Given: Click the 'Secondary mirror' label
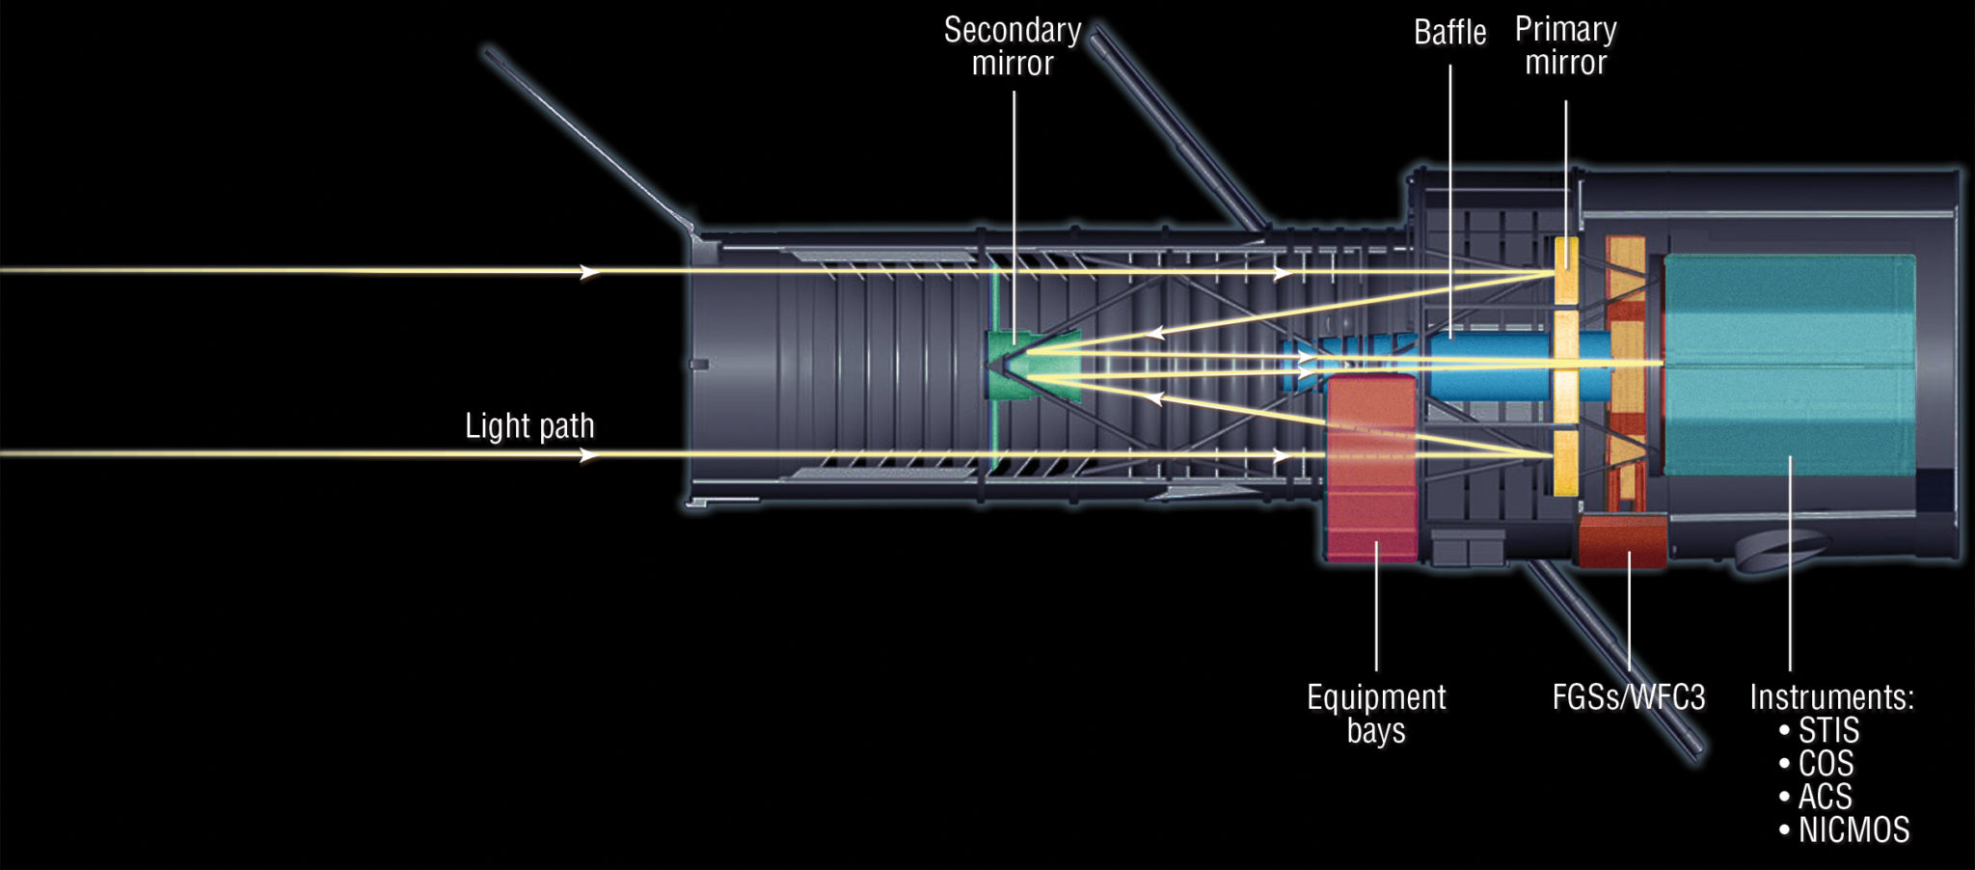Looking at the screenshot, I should point(1012,46).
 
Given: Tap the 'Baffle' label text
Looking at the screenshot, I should point(1449,33).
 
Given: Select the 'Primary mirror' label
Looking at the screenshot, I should point(1565,45).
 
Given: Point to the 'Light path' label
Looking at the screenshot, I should point(529,425).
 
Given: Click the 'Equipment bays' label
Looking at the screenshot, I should point(1376,713).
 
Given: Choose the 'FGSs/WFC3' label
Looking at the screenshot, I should point(1628,696).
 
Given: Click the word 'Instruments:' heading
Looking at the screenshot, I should point(1831,696).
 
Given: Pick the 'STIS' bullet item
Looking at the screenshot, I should point(1827,730).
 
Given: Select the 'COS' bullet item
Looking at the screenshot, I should point(1825,764).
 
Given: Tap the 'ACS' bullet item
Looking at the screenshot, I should point(1824,797).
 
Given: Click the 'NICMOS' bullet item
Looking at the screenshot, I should point(1853,829).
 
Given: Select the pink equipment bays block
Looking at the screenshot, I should point(1371,468).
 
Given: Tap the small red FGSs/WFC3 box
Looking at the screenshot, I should point(1622,541).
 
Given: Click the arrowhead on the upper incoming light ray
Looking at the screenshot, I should point(589,272).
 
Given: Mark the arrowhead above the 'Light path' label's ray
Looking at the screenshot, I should point(589,454).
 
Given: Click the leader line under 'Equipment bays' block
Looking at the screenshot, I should point(1376,608).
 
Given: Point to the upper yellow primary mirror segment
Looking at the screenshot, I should point(1565,269).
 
